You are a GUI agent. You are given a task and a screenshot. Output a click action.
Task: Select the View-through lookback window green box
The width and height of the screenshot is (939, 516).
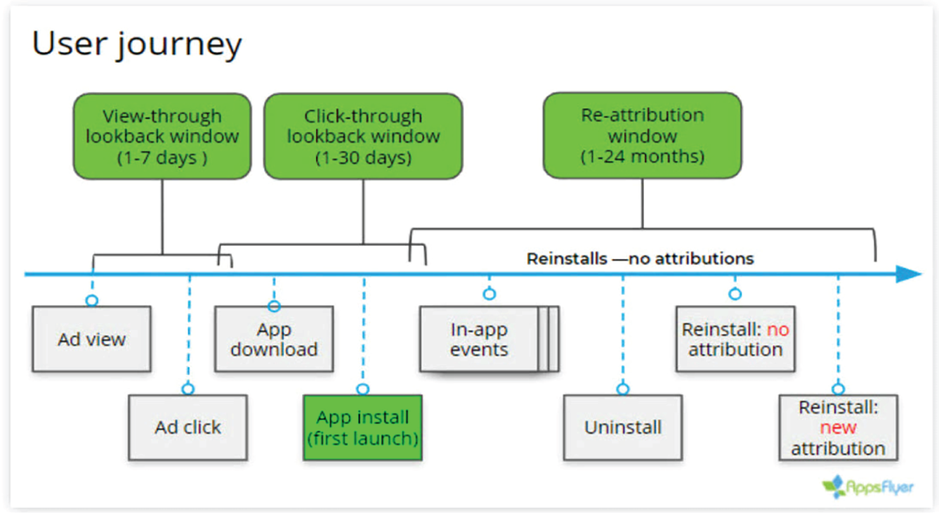(162, 136)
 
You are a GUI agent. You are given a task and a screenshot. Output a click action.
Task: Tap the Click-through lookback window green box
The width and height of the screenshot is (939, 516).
(363, 136)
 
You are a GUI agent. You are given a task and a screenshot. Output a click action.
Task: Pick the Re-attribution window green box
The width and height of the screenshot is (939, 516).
(642, 135)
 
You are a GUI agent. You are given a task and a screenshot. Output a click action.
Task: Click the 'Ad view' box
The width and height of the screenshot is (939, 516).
(91, 339)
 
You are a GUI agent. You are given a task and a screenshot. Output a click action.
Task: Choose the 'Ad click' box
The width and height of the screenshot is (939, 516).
(188, 427)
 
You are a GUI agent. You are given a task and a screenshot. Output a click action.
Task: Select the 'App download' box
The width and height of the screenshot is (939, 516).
(274, 340)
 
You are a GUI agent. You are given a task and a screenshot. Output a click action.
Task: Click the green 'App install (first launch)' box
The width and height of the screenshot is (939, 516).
(362, 427)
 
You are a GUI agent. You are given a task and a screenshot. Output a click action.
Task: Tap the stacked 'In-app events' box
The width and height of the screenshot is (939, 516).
(480, 340)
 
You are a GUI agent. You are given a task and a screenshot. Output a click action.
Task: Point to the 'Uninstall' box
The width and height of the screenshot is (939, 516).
(623, 427)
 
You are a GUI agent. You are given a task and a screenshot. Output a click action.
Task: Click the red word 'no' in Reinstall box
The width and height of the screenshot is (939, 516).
(777, 330)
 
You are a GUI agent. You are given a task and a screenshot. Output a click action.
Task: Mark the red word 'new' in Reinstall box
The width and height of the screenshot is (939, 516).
(838, 427)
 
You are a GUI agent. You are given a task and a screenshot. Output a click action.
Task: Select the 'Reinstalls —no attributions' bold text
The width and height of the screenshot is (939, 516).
(640, 259)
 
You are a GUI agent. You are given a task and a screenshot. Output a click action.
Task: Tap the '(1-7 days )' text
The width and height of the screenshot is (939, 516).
(162, 157)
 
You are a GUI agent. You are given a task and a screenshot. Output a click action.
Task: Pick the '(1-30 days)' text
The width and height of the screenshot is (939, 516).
(363, 157)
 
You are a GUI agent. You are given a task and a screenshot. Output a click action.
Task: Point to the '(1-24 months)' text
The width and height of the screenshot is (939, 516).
(642, 156)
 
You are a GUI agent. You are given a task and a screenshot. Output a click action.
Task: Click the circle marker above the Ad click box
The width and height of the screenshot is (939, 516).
(188, 389)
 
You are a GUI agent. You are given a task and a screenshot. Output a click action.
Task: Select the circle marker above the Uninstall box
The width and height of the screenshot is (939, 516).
(623, 389)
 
